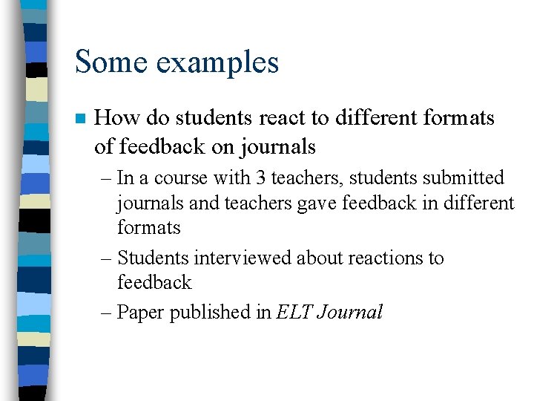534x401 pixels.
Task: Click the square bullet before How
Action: (x=81, y=119)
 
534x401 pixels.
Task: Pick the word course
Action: (x=178, y=178)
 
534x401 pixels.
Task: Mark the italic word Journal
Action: (x=349, y=313)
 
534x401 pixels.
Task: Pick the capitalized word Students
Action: (x=154, y=258)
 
